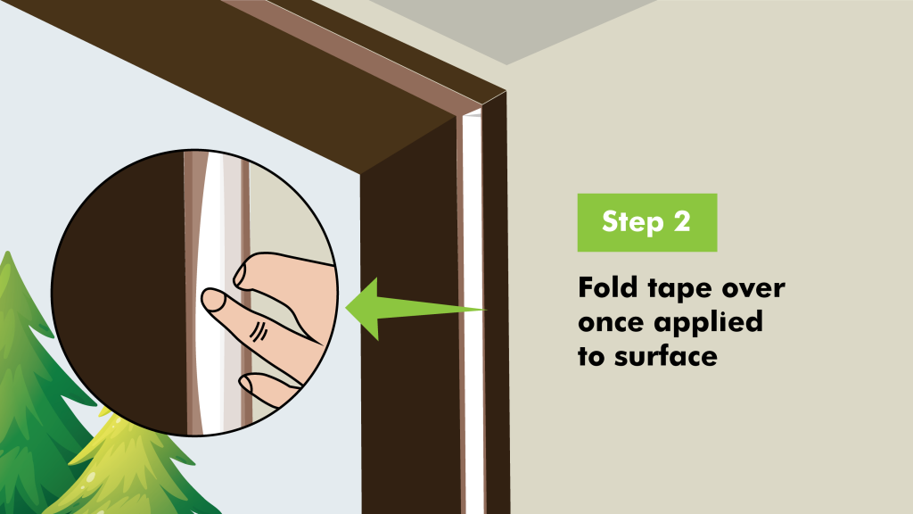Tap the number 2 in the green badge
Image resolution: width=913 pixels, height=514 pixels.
pyautogui.click(x=682, y=221)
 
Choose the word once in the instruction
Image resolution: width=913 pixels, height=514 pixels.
pyautogui.click(x=612, y=323)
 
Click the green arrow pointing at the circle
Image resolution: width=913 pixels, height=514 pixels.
pyautogui.click(x=415, y=308)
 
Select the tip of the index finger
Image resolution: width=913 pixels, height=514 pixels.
pyautogui.click(x=210, y=299)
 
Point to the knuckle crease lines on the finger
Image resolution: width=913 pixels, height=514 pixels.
pyautogui.click(x=259, y=331)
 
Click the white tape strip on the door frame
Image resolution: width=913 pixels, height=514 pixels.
pyautogui.click(x=473, y=315)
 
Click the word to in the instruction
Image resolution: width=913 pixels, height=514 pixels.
pyautogui.click(x=591, y=356)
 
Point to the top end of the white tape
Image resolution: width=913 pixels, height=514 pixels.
pyautogui.click(x=473, y=112)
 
